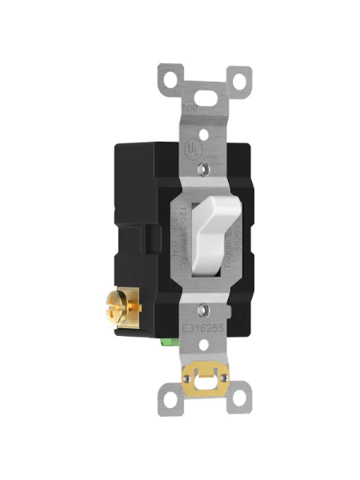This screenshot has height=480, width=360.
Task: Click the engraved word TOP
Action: [x=189, y=110]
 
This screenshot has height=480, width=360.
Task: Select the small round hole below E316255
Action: [x=205, y=346]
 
